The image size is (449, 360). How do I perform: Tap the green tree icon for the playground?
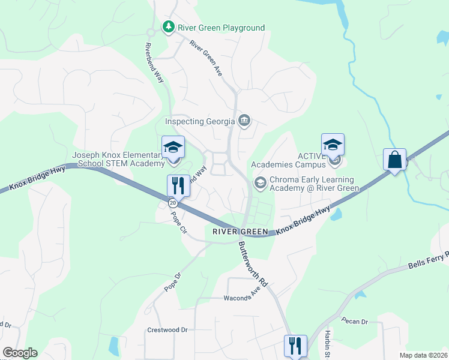click(169, 27)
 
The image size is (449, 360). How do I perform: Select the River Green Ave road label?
click(206, 58)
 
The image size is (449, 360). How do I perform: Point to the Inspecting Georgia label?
click(200, 122)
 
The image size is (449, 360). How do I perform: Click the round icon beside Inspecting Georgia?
click(244, 121)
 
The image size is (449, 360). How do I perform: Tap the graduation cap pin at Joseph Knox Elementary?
click(173, 146)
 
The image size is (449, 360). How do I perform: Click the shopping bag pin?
click(395, 160)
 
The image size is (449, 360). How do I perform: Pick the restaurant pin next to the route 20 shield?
click(178, 185)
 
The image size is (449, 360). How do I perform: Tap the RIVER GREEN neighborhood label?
click(239, 231)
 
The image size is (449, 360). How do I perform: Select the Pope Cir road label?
click(178, 220)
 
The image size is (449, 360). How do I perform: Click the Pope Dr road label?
click(173, 282)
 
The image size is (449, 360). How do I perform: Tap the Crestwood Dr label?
click(167, 330)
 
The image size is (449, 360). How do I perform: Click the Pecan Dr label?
click(354, 322)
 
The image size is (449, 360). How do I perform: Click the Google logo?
click(20, 353)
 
